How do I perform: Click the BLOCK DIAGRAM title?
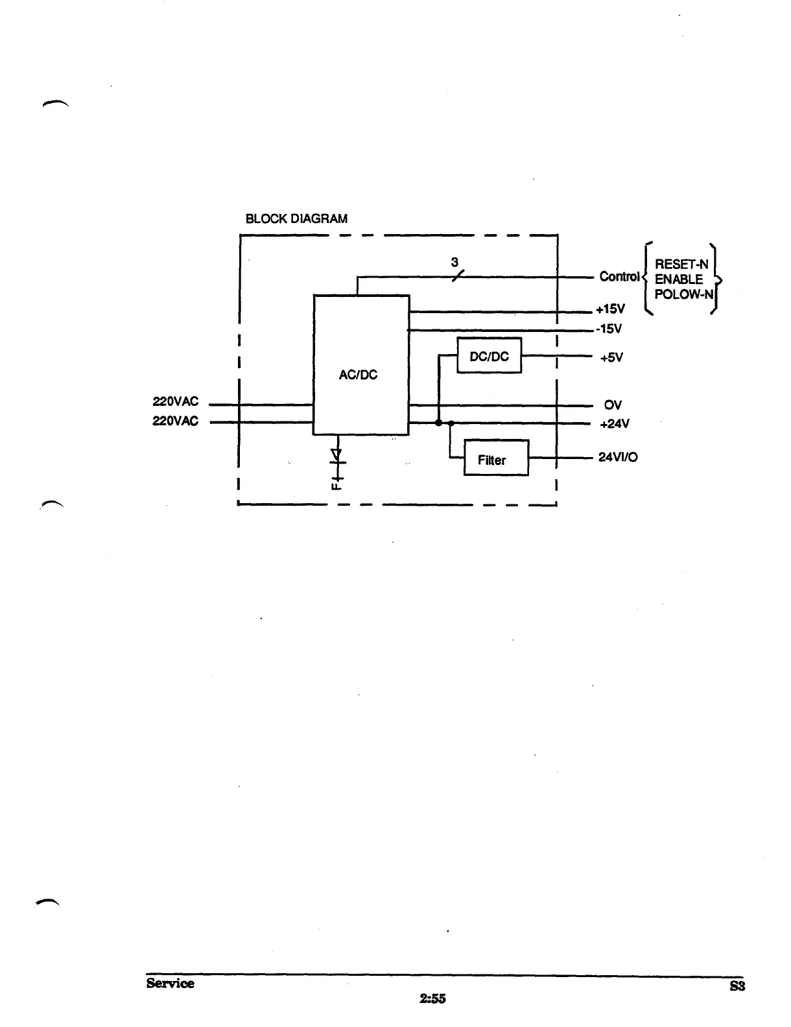point(296,218)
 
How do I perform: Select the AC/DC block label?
point(358,375)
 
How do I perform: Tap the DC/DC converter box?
point(489,356)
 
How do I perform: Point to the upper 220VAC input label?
point(175,401)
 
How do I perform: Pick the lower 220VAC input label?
point(175,421)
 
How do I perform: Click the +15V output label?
point(610,309)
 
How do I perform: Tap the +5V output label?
point(611,357)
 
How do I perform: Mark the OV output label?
point(613,405)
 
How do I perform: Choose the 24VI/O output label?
point(618,457)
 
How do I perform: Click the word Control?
point(619,277)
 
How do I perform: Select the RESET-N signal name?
point(681,264)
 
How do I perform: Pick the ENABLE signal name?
point(679,279)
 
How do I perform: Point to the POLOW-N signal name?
point(683,294)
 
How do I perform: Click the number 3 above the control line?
point(455,262)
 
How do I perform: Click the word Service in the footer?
point(170,983)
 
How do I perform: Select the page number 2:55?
point(432,998)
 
